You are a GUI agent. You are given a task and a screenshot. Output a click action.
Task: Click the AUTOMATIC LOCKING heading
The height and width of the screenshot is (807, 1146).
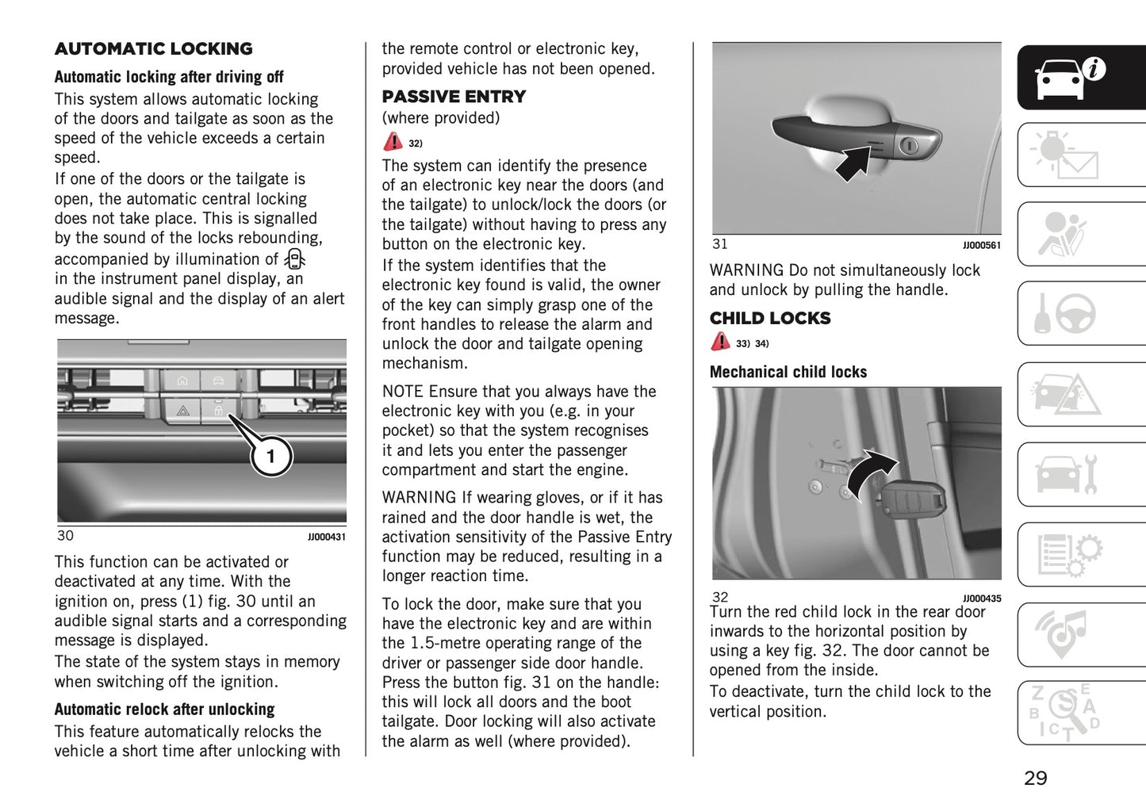(x=153, y=49)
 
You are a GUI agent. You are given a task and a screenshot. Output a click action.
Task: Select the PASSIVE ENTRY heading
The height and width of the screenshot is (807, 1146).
(x=454, y=97)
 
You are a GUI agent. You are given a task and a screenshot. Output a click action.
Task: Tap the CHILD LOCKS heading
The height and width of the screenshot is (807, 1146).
(x=770, y=319)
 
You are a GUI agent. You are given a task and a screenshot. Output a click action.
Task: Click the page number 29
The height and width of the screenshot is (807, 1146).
(x=1035, y=778)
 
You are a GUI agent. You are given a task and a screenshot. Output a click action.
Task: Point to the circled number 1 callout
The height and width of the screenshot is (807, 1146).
(x=270, y=457)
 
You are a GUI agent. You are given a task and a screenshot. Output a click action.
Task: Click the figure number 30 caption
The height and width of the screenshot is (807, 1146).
(x=65, y=536)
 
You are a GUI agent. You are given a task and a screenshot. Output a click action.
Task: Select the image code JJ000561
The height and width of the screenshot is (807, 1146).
(x=981, y=246)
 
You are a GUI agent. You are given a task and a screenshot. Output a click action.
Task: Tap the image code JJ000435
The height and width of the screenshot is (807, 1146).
(x=981, y=599)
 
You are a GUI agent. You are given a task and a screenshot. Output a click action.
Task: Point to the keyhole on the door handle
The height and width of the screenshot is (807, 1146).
(x=910, y=145)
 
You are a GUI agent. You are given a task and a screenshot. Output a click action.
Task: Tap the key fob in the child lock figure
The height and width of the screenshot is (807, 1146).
(x=912, y=500)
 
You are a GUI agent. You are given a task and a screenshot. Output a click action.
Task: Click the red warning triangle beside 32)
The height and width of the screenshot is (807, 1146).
(x=393, y=143)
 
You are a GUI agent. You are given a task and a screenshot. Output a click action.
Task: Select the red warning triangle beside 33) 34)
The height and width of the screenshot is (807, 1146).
(x=720, y=342)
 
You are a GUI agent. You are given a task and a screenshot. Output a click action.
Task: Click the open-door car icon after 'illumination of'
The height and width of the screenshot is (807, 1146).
(x=295, y=259)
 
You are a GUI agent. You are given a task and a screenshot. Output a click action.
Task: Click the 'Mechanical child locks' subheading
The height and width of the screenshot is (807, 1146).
(x=788, y=372)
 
